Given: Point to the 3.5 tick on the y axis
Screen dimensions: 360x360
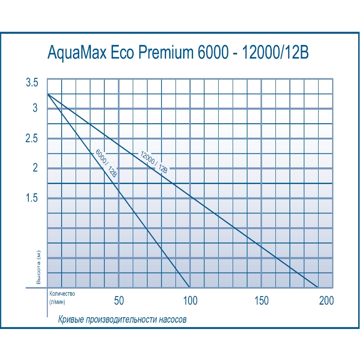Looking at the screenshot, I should (x=32, y=83).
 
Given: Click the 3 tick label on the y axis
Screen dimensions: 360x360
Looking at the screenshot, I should (x=35, y=108).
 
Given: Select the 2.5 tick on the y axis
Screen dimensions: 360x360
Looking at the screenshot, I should (x=32, y=139).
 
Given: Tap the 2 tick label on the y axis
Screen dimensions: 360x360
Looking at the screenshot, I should (x=35, y=168).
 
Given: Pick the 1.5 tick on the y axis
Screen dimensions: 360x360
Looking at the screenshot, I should (x=32, y=198).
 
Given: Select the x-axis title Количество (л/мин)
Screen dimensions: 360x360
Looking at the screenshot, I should (x=62, y=297).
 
